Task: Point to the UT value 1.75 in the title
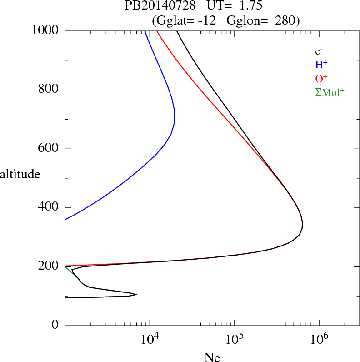click(x=250, y=6)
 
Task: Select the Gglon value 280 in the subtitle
click(x=285, y=20)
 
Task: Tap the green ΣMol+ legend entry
click(x=330, y=92)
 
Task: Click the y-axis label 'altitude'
click(x=20, y=174)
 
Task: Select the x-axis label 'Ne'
click(x=212, y=357)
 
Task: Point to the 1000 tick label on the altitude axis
click(x=45, y=30)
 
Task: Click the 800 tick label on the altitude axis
click(x=49, y=90)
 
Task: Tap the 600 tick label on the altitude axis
click(x=49, y=149)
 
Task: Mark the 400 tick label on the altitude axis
click(x=49, y=208)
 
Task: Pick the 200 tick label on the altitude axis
click(x=49, y=266)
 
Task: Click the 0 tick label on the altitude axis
click(x=55, y=325)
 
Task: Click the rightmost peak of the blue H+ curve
click(x=175, y=117)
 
